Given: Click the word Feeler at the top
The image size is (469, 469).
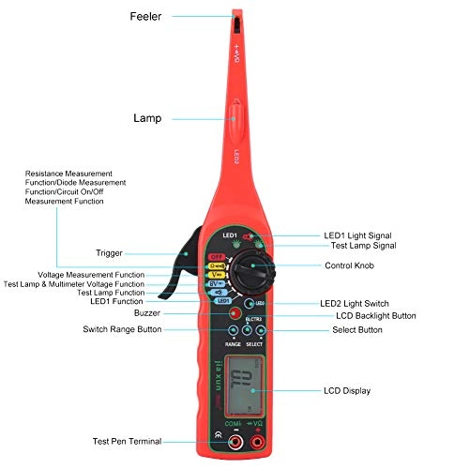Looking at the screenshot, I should (144, 16).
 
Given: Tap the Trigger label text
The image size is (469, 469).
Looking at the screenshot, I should (109, 253).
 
